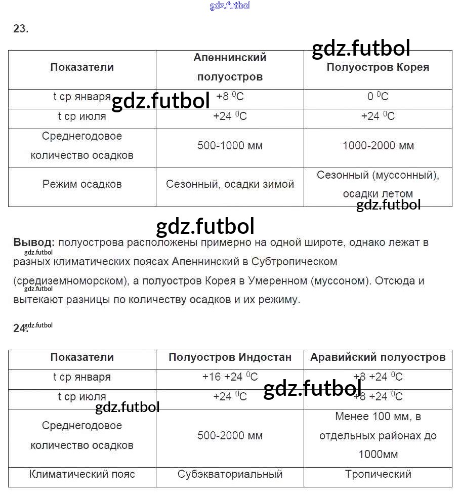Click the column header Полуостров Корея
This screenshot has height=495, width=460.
click(378, 67)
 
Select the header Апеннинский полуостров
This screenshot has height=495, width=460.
click(230, 67)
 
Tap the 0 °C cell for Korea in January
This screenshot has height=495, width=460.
click(378, 97)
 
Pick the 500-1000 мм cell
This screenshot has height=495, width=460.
click(230, 146)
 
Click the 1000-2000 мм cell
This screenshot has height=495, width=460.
click(378, 146)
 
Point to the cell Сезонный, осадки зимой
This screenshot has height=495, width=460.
click(230, 184)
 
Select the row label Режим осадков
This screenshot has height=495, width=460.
click(82, 184)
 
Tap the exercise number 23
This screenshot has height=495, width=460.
click(21, 29)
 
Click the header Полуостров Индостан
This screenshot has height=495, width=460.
click(230, 357)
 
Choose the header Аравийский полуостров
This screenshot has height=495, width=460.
click(378, 357)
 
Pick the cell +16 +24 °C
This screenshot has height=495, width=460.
click(230, 377)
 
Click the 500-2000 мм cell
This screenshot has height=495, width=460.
click(230, 436)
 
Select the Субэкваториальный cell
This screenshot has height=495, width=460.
click(230, 474)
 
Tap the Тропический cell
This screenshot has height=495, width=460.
click(378, 474)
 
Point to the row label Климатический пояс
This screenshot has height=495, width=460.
click(82, 474)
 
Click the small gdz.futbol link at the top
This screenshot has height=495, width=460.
click(230, 6)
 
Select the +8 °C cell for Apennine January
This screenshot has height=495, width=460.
click(230, 97)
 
